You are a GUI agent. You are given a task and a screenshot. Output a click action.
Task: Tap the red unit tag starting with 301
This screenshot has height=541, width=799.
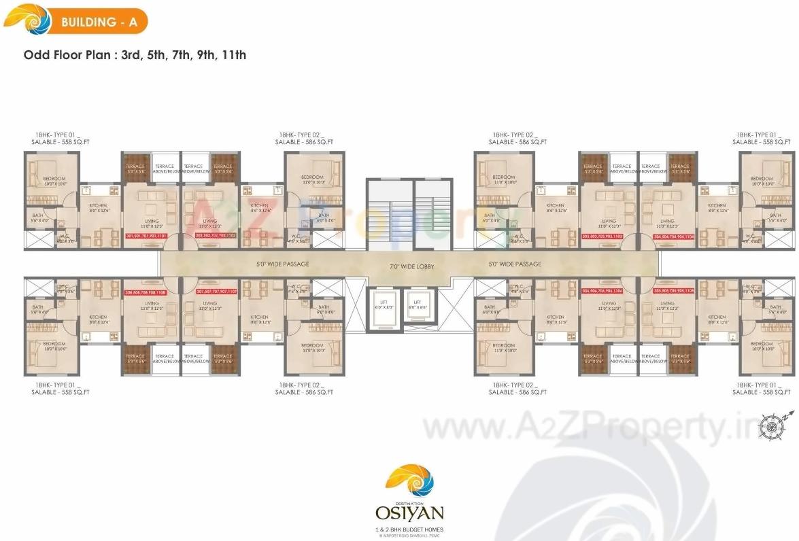tap(152, 237)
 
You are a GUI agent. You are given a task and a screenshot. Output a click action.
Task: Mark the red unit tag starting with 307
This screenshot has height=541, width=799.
tap(216, 291)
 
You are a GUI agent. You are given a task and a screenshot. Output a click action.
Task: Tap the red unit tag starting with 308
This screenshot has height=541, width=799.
tap(146, 291)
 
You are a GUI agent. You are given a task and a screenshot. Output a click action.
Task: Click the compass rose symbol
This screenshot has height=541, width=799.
tap(772, 427)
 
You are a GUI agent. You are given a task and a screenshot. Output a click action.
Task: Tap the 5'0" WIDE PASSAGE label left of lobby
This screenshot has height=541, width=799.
tap(283, 264)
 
